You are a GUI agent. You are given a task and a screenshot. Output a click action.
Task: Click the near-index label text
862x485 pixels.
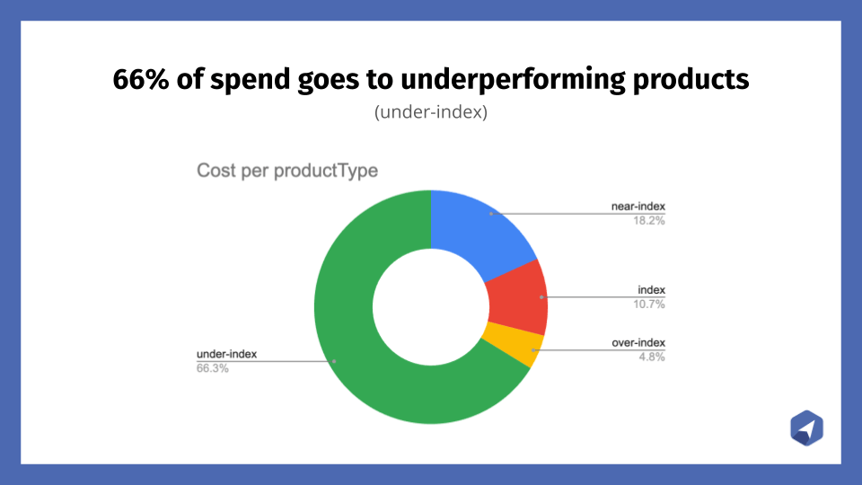638,207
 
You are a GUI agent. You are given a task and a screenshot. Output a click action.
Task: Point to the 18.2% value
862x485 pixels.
648,221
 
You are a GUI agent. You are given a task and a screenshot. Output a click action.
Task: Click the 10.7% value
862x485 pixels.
648,304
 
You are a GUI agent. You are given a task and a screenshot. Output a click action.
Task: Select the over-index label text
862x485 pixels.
638,342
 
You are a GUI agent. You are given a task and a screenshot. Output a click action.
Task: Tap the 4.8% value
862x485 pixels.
652,357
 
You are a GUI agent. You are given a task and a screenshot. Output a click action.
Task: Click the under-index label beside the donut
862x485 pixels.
226,354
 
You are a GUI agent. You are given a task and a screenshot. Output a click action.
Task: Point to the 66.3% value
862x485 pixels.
213,368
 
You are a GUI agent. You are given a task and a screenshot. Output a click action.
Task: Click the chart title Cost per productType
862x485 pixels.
287,171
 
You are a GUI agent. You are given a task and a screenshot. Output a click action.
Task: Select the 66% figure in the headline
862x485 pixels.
141,79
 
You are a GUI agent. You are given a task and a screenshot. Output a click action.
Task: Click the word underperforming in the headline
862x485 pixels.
513,80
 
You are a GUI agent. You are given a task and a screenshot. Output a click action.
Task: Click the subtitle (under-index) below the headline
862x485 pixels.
431,111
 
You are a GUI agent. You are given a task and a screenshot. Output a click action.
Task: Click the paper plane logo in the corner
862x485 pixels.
806,428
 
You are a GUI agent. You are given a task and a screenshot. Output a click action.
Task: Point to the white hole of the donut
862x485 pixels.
431,307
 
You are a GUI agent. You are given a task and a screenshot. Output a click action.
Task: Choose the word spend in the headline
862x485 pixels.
251,80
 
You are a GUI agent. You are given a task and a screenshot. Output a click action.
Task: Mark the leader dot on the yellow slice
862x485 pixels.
532,350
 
